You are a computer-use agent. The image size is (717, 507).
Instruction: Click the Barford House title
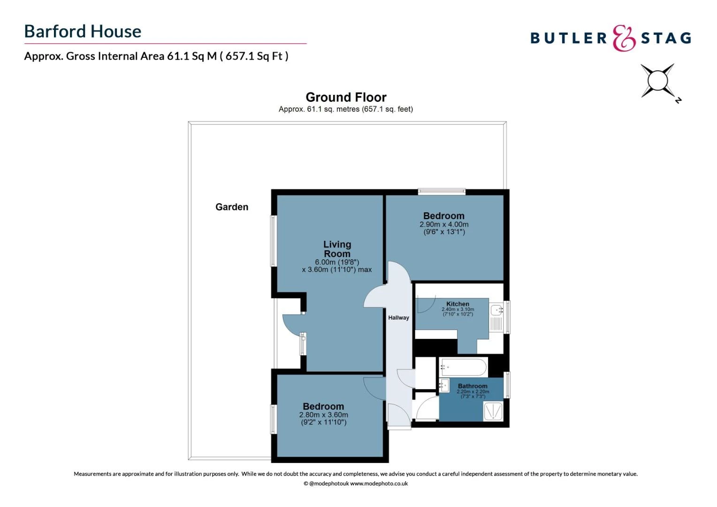pos(83,31)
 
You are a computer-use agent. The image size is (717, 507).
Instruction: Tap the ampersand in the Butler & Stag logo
pos(624,38)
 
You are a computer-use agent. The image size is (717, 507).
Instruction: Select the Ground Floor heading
pos(346,97)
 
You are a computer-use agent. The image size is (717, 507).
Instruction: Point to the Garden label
pos(232,207)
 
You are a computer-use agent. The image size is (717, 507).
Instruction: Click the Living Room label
pos(337,249)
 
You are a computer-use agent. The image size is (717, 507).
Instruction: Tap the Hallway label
pos(398,318)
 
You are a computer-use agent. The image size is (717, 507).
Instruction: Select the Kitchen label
pos(458,304)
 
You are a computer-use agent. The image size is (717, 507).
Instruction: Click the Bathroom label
pos(473,386)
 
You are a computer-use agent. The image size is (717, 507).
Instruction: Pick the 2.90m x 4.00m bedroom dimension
pos(444,224)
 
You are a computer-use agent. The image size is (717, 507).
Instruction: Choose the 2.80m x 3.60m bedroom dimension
pos(324,415)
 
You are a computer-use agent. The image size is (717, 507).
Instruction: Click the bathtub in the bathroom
pos(464,367)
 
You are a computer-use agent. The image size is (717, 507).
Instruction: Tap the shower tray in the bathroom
pos(493,411)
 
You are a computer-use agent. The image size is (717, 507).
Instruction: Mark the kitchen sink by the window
pos(496,310)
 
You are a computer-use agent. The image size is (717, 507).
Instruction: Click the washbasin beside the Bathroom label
pos(444,385)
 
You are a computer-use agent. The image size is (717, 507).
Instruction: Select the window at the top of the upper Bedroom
pos(442,192)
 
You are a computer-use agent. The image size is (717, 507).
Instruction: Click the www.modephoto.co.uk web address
pos(379,484)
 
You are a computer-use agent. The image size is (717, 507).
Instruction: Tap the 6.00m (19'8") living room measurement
pos(337,262)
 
